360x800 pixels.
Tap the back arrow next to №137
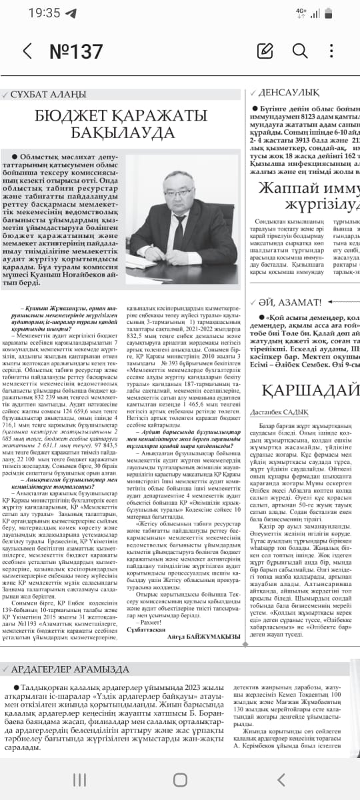tap(27, 51)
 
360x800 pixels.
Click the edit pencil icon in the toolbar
tap(265, 51)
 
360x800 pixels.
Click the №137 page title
tap(77, 51)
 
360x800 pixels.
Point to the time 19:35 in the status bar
tap(44, 13)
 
